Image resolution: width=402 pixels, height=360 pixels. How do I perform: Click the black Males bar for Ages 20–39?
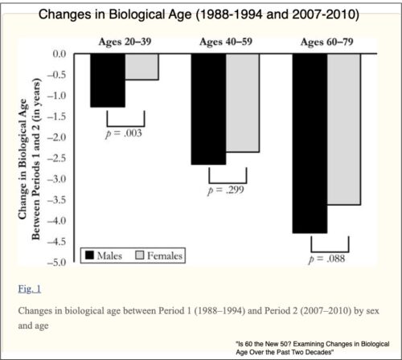click(x=107, y=80)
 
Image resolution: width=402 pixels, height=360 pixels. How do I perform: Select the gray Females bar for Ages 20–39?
click(x=142, y=67)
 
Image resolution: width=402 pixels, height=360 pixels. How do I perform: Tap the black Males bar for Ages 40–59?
click(x=208, y=109)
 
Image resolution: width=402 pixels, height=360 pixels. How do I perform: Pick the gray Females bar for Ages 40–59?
click(x=243, y=103)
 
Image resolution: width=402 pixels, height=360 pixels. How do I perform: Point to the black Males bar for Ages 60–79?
click(x=310, y=143)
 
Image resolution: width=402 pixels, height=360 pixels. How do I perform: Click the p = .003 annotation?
click(x=125, y=132)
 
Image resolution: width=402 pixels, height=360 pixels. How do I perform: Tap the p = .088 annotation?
click(x=326, y=258)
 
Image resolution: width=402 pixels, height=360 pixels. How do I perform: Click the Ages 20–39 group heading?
click(x=124, y=42)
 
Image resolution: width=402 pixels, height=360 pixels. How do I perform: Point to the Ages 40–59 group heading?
click(x=225, y=42)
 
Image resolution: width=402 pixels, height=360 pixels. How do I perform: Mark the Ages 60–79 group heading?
click(x=326, y=42)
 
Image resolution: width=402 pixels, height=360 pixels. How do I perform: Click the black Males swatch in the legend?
click(x=89, y=256)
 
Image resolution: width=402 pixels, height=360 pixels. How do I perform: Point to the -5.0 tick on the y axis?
click(x=59, y=263)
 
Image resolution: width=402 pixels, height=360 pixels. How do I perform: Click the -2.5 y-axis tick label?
click(x=59, y=158)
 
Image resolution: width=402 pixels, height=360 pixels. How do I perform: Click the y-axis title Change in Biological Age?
click(x=34, y=157)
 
